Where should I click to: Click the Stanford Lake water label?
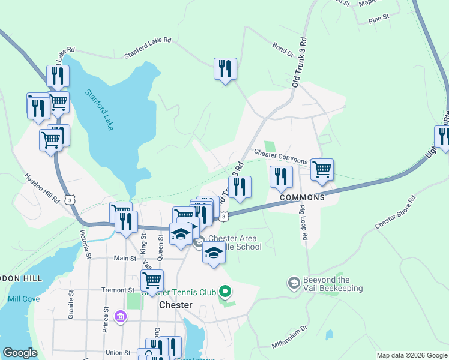(99, 110)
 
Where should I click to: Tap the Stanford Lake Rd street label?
(148, 48)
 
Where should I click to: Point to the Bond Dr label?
(282, 50)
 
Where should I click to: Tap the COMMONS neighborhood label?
(301, 197)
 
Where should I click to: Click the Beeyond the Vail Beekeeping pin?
(294, 282)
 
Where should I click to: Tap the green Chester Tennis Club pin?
(225, 292)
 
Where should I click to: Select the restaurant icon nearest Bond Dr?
(225, 68)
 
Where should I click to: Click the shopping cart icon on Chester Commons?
(322, 169)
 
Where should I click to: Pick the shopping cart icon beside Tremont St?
(152, 280)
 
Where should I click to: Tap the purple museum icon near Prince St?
(120, 316)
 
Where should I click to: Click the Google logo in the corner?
(20, 353)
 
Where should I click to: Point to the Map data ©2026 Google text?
(411, 355)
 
